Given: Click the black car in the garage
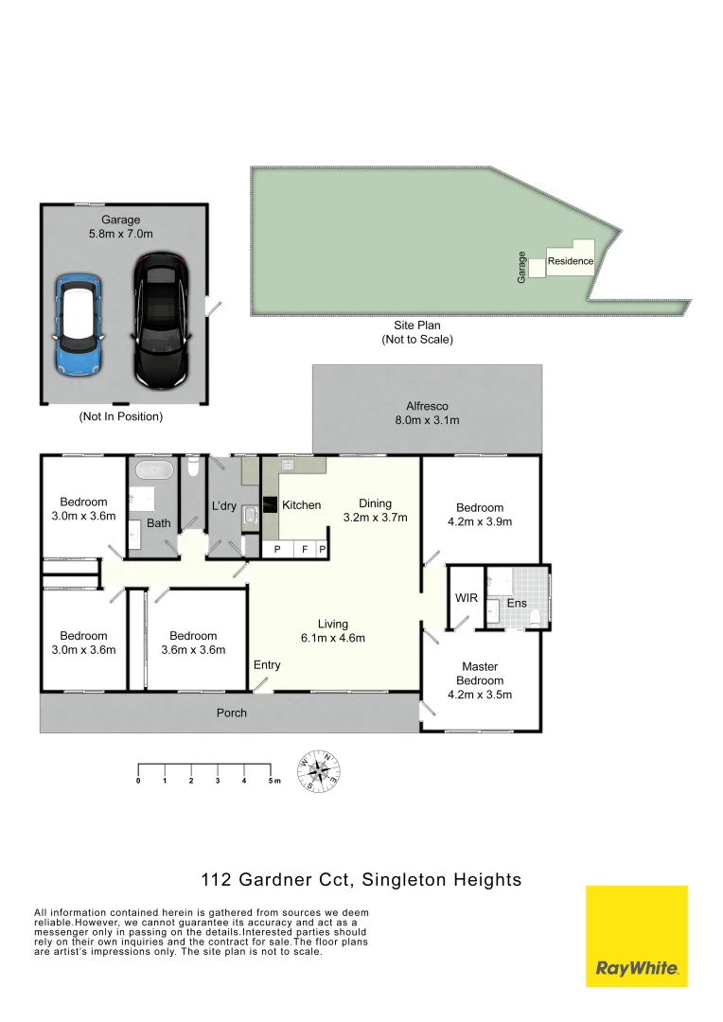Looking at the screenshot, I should [161, 320].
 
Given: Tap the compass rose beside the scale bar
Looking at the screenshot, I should [319, 771].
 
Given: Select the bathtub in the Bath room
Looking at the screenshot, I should [151, 470].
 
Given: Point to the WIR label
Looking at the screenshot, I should [467, 599].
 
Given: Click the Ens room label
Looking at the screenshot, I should [517, 603].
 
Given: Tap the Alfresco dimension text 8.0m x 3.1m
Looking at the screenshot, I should [427, 420].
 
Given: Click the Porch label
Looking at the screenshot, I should [232, 713].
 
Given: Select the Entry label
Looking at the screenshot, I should [267, 665].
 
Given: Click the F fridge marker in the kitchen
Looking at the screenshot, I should [305, 549].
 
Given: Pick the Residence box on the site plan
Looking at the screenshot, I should [571, 262].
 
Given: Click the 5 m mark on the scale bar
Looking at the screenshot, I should [273, 781].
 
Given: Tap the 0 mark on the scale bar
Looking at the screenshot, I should [138, 781].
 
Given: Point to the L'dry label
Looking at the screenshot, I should [224, 506].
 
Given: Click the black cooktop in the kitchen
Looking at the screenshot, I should [269, 505].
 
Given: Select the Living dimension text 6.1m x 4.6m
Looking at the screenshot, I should [333, 638].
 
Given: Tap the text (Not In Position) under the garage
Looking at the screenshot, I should [120, 416].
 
